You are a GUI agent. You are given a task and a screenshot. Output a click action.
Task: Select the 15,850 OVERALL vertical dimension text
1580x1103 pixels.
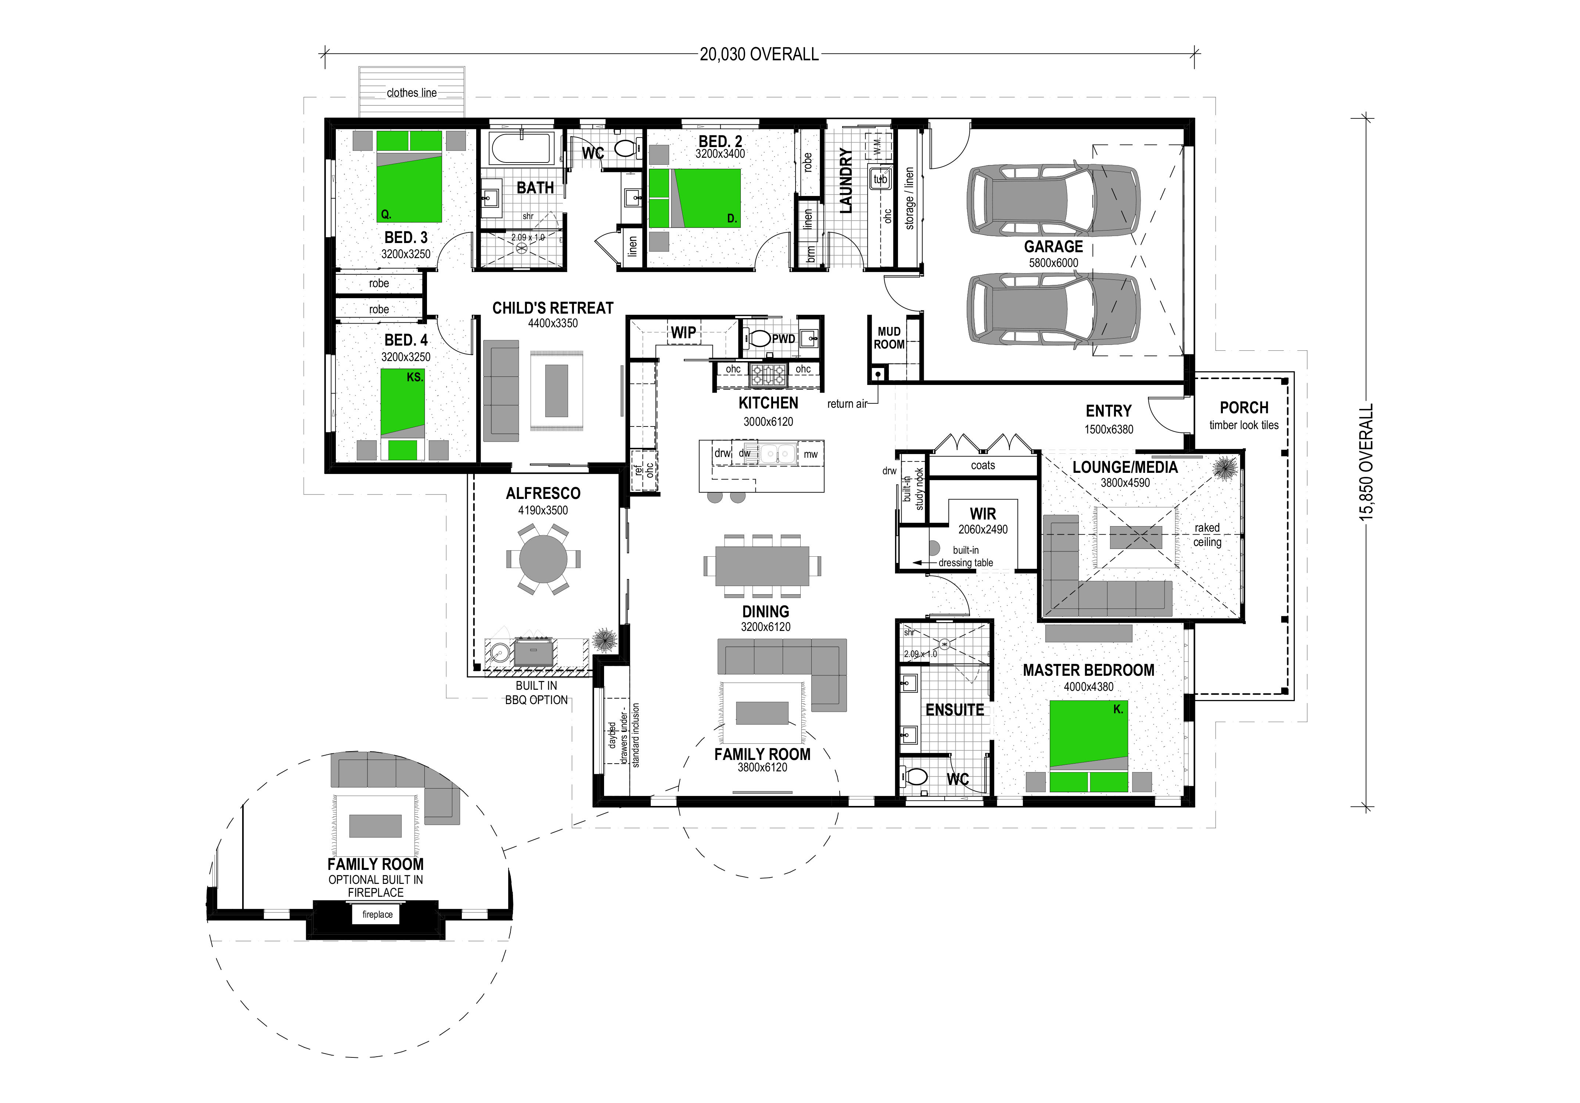pyautogui.click(x=1366, y=461)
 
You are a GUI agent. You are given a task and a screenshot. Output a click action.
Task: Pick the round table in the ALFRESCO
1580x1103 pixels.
pyautogui.click(x=543, y=559)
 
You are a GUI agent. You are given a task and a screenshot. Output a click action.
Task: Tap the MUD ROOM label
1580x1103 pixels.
pyautogui.click(x=889, y=338)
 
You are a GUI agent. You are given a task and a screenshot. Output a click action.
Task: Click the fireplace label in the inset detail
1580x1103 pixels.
pyautogui.click(x=377, y=914)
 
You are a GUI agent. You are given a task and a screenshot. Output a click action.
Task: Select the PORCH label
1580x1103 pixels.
pyautogui.click(x=1244, y=408)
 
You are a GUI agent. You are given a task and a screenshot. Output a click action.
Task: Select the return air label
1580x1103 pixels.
pyautogui.click(x=847, y=404)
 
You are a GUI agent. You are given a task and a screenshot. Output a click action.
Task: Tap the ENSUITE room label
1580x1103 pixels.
pyautogui.click(x=955, y=710)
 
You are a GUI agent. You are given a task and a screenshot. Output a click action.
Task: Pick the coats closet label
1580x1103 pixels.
pyautogui.click(x=983, y=465)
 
